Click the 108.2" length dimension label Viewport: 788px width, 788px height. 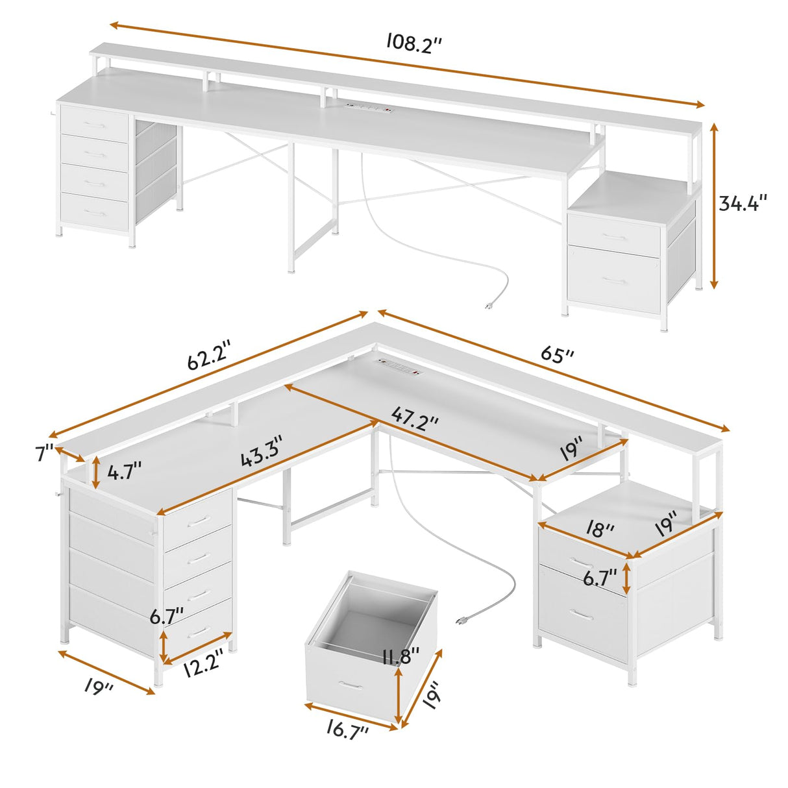point(415,43)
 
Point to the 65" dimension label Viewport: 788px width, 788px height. point(557,355)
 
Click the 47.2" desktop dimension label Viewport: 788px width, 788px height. point(415,415)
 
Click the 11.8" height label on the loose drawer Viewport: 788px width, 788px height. point(400,656)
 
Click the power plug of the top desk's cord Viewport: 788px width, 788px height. point(489,305)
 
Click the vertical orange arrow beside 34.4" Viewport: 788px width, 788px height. point(715,205)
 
